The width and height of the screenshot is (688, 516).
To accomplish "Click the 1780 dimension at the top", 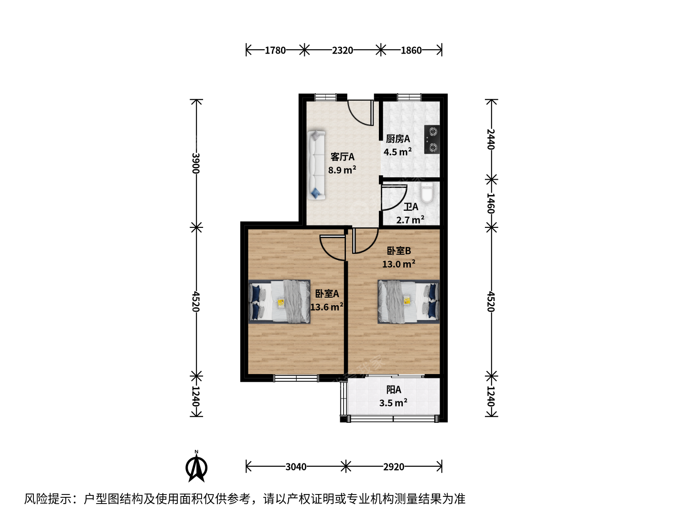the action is (x=275, y=50).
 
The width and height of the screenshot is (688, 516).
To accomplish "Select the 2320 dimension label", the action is (x=342, y=50).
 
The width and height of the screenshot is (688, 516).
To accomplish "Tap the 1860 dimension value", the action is (x=411, y=50).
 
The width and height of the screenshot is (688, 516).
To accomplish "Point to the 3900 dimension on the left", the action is (x=196, y=163).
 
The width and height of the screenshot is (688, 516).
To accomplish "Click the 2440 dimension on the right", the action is (x=491, y=139).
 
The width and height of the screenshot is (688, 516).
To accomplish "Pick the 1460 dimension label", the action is (x=491, y=203).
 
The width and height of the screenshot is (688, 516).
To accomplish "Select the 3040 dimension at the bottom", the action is (x=296, y=467).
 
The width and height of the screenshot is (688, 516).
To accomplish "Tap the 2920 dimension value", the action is (x=394, y=467).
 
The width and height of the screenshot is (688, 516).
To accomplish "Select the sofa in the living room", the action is (x=316, y=165).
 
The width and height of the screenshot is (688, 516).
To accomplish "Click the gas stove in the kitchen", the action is (x=432, y=140).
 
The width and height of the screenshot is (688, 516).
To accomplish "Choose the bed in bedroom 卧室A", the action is (x=279, y=301).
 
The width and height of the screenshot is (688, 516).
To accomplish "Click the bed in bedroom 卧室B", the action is (x=408, y=301).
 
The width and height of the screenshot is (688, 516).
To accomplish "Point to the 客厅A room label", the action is (x=342, y=157).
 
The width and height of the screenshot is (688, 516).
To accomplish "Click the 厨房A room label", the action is (x=398, y=139).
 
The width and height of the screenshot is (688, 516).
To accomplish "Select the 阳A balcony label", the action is (x=394, y=390).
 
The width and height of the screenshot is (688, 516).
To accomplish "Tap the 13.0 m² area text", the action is (x=398, y=264).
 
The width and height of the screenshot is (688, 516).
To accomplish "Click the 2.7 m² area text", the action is (x=410, y=220).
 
